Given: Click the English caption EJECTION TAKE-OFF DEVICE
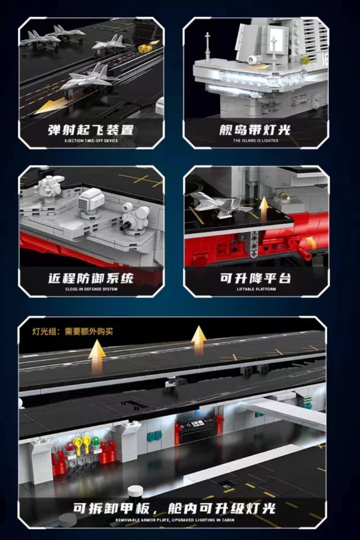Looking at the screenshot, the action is pos(91,141).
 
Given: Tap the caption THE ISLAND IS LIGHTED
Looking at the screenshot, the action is pos(256,140).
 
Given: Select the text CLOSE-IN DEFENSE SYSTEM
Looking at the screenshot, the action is pos(91,289).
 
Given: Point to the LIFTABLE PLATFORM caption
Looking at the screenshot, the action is pos(256,289).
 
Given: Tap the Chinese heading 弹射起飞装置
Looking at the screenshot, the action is pos(91,130).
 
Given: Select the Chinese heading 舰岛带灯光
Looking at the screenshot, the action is pos(255,130).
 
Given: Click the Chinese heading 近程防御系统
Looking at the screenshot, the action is pos(91,278).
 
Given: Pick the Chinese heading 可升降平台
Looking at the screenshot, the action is pos(256,278).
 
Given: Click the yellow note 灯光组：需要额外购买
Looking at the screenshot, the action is pos(73,331).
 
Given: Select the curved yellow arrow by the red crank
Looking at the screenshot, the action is pos(311,242).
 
